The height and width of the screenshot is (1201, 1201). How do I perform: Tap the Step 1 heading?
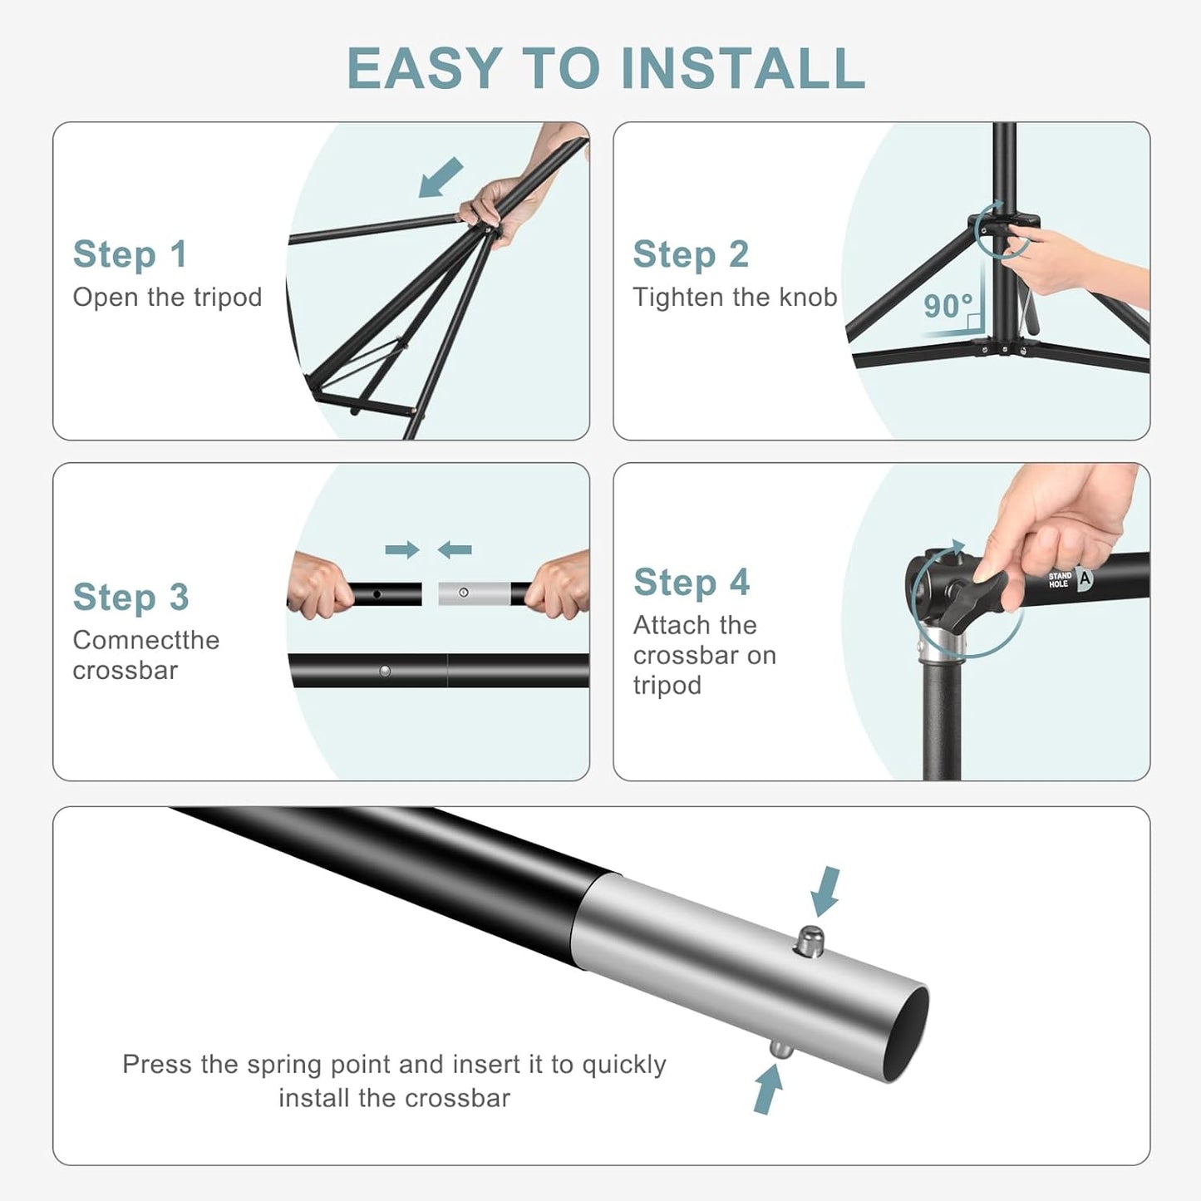[130, 254]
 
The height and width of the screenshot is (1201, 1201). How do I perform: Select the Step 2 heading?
[691, 254]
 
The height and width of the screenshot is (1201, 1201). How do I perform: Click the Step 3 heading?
[130, 597]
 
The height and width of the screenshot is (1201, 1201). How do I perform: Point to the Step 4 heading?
[692, 582]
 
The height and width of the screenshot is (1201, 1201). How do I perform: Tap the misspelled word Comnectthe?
[146, 640]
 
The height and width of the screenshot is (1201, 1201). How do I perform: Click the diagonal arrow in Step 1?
[441, 178]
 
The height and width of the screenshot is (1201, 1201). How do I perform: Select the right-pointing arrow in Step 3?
[402, 549]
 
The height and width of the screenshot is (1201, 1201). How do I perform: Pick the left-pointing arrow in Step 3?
[455, 549]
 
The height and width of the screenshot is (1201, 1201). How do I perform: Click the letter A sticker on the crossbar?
[1085, 578]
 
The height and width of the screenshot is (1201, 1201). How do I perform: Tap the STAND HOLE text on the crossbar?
[1060, 579]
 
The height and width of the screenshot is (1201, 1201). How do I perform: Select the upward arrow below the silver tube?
[768, 1089]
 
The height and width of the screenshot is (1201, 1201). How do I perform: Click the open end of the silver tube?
[904, 1035]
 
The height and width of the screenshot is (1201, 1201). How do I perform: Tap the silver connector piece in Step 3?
[474, 593]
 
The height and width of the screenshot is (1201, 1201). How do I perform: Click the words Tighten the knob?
[735, 298]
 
